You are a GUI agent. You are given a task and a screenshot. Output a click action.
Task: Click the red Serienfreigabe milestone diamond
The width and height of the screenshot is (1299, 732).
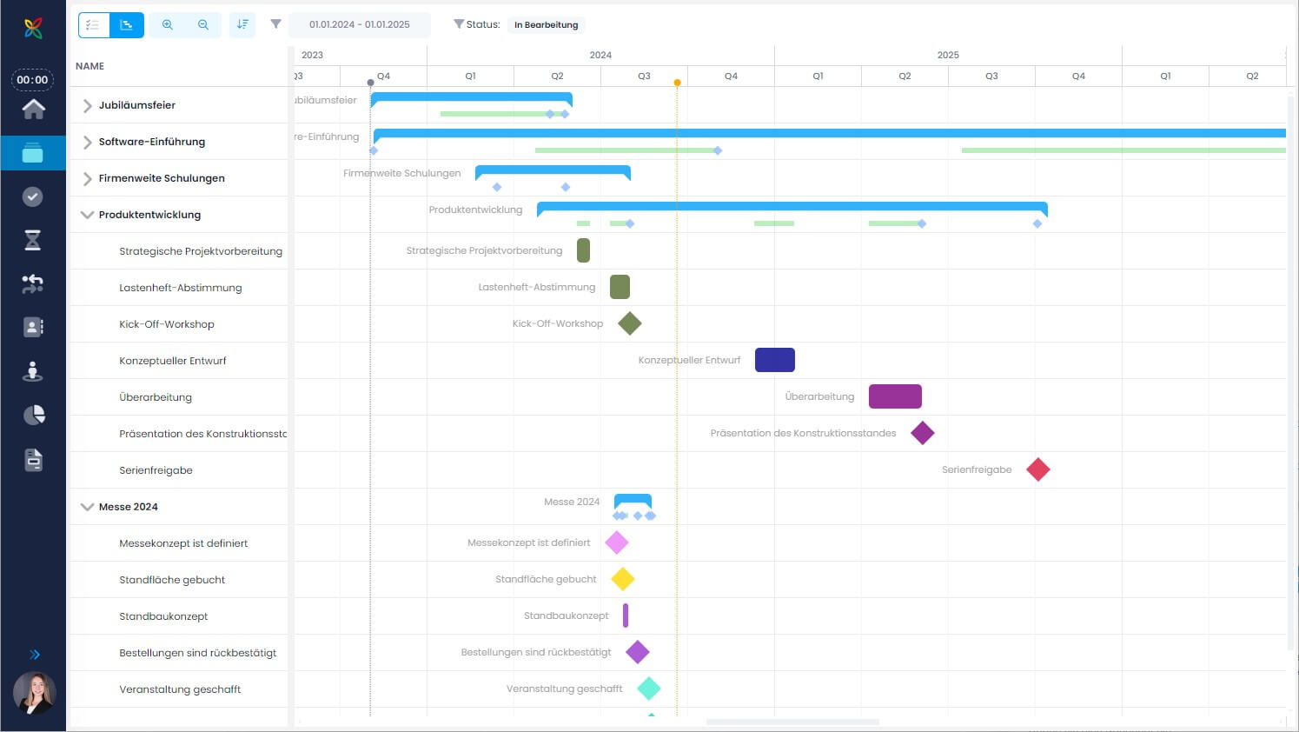click(x=1038, y=469)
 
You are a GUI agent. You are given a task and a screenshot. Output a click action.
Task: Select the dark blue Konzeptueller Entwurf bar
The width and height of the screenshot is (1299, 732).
click(x=775, y=360)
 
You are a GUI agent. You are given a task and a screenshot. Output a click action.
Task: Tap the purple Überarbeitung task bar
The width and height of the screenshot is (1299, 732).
click(x=895, y=396)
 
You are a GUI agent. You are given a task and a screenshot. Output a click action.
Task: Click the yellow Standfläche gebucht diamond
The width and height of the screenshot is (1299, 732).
click(x=623, y=579)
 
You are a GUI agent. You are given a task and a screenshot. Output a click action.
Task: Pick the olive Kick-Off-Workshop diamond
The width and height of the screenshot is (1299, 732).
click(x=630, y=323)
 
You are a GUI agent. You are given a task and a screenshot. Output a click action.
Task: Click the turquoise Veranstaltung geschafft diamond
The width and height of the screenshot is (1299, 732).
click(x=649, y=689)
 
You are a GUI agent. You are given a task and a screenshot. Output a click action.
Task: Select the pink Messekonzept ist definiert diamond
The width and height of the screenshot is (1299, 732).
click(x=616, y=542)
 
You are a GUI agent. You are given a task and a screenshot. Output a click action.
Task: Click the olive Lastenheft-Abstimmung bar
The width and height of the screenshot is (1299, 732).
click(x=620, y=287)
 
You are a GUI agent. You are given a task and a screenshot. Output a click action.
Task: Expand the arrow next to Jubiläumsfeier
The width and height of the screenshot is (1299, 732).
click(x=87, y=105)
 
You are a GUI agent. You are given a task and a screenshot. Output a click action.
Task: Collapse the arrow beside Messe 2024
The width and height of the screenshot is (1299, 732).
click(x=87, y=507)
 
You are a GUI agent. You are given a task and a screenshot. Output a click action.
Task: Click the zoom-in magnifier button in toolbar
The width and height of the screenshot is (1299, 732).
click(x=168, y=24)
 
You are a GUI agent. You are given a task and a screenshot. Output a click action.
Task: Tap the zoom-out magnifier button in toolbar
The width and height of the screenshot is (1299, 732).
click(x=203, y=24)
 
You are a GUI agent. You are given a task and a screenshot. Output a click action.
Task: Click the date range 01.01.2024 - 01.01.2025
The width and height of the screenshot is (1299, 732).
click(x=360, y=24)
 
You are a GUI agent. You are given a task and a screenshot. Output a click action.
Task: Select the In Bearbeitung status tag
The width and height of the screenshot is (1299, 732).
click(x=547, y=25)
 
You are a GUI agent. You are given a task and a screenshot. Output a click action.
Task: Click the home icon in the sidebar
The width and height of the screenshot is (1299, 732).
click(x=34, y=109)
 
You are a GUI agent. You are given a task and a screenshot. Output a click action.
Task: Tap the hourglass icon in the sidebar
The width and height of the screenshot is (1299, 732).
click(x=33, y=240)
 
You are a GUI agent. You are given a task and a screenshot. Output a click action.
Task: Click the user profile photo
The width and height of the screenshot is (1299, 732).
click(x=34, y=693)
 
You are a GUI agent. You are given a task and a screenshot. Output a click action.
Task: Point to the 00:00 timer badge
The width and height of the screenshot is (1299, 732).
click(x=32, y=79)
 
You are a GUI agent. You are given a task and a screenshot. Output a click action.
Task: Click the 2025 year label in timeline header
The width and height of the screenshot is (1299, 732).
click(x=948, y=55)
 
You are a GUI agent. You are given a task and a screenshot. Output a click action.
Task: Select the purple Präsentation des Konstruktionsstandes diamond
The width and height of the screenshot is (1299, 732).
click(x=923, y=433)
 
